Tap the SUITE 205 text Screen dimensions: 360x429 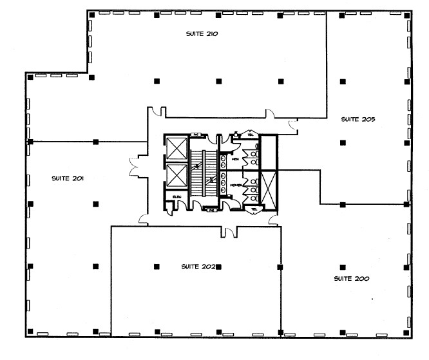[358, 119]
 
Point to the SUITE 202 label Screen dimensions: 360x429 [198, 265]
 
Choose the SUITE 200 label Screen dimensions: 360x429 [351, 278]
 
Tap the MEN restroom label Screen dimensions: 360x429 [235, 159]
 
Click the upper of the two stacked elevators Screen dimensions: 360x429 [175, 148]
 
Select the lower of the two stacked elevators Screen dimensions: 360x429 [175, 176]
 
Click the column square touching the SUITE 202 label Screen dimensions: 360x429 [218, 265]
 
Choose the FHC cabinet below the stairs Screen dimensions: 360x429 [211, 210]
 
